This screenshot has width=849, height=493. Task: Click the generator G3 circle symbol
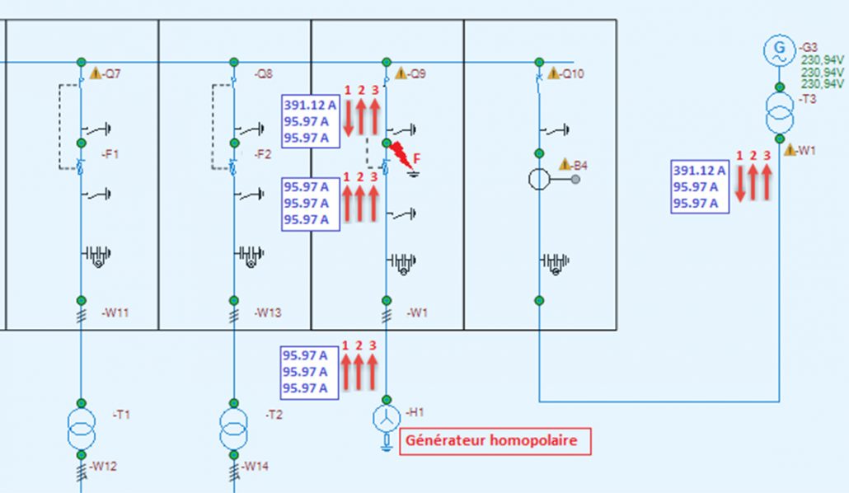click(779, 50)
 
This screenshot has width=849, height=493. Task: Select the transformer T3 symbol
click(780, 113)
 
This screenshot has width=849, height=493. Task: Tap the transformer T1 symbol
click(82, 429)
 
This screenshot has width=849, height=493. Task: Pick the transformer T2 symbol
click(234, 429)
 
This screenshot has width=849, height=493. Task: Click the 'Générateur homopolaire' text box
click(495, 441)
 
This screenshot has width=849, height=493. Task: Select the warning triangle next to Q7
click(96, 73)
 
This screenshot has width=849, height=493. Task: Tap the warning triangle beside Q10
click(553, 73)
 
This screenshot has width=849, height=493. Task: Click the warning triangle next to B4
click(565, 164)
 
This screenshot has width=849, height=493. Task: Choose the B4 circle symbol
click(539, 180)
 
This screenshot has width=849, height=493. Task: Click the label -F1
click(110, 154)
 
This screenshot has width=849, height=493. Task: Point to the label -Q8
click(264, 73)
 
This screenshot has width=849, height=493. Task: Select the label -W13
click(268, 312)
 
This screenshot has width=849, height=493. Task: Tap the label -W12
click(103, 466)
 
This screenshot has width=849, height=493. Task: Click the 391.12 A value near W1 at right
click(699, 171)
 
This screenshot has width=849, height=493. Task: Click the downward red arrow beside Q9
click(348, 118)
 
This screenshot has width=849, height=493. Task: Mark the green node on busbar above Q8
click(234, 63)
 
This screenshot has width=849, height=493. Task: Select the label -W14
click(255, 466)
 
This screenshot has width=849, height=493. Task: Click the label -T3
click(807, 99)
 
